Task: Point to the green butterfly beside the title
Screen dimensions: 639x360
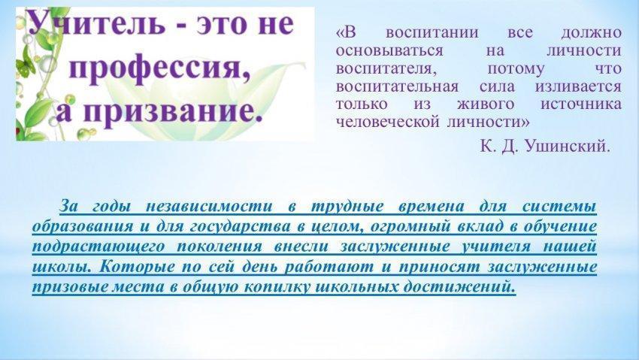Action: pyautogui.click(x=25, y=65)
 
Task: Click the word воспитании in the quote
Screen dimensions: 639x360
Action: pyautogui.click(x=432, y=32)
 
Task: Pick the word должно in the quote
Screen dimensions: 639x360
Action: pyautogui.click(x=592, y=32)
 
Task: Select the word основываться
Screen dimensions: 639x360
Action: pyautogui.click(x=389, y=50)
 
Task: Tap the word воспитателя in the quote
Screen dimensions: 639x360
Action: pyautogui.click(x=386, y=68)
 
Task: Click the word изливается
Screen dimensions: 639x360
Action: pyautogui.click(x=578, y=86)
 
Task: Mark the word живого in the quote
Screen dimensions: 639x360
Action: pyautogui.click(x=486, y=104)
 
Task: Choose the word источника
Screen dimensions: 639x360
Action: pyautogui.click(x=581, y=104)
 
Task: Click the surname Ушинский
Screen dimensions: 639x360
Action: pyautogui.click(x=568, y=146)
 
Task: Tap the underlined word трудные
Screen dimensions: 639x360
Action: pyautogui.click(x=347, y=207)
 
